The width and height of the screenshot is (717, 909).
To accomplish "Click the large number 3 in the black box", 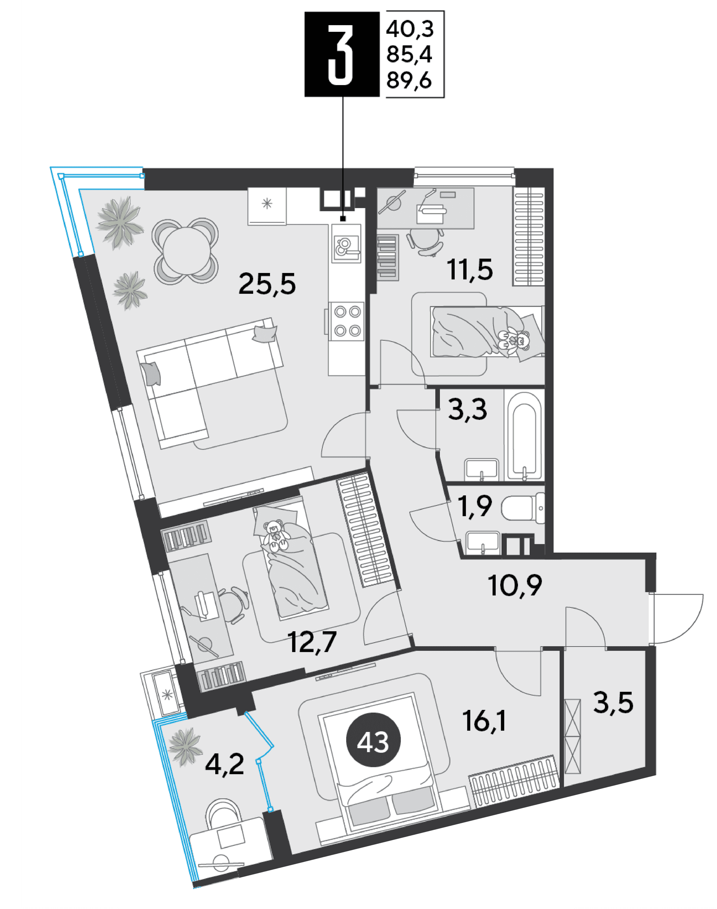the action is [x=340, y=54].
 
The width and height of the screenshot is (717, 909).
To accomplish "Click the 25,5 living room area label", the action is [x=267, y=284].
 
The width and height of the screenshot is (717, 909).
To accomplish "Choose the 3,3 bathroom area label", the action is [x=467, y=409].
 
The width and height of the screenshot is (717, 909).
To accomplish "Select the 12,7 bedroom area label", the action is [x=312, y=642].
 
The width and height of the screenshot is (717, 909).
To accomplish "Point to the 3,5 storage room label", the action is [x=613, y=703].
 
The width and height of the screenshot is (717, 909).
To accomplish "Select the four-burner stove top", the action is [x=346, y=321].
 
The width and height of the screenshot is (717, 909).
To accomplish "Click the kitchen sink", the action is [x=346, y=243].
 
